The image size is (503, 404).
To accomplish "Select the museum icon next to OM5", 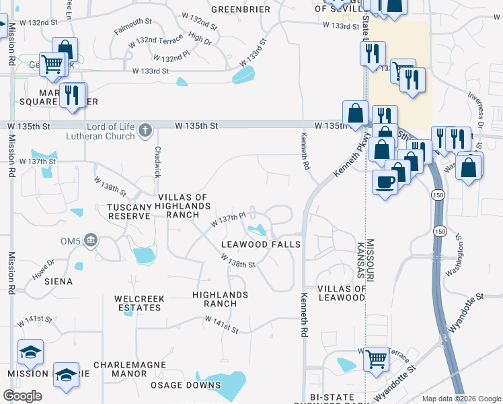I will coord(92,240).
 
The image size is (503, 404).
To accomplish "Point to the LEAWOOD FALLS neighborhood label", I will coord(261,244).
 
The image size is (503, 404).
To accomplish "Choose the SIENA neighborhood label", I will coord(59,281).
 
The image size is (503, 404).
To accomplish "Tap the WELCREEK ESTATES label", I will coord(139,303).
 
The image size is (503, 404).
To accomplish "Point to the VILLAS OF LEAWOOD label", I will coord(342,293).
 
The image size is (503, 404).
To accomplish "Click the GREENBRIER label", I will coord(241,10).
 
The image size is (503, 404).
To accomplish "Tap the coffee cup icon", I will coord(385,182).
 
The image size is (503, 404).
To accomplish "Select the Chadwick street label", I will coord(158,162).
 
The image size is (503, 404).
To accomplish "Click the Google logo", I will coord(22,396).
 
